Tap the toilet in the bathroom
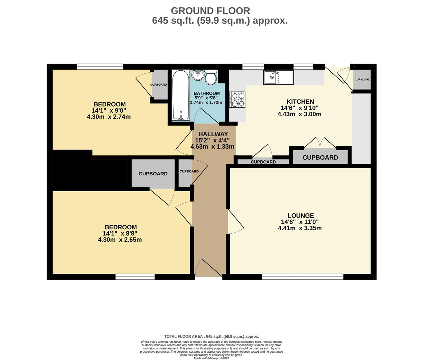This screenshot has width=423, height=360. pyautogui.click(x=211, y=77)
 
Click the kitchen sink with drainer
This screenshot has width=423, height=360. pyautogui.click(x=278, y=77)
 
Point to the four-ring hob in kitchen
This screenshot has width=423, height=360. pyautogui.click(x=237, y=100)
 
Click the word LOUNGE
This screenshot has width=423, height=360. pyautogui.click(x=301, y=216)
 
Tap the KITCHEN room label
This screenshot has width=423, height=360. pyautogui.click(x=300, y=102)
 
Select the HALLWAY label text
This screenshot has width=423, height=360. pyautogui.click(x=213, y=134)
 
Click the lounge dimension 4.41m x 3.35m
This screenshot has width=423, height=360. pyautogui.click(x=300, y=228)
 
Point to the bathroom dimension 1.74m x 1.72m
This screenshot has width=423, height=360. pyautogui.click(x=206, y=103)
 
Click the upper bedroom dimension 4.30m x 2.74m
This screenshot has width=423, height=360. pyautogui.click(x=109, y=117)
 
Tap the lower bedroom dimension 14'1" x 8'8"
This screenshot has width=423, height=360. pyautogui.click(x=120, y=233)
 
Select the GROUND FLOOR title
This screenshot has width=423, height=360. pyautogui.click(x=210, y=11)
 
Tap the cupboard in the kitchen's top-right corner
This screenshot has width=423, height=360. pyautogui.click(x=362, y=80)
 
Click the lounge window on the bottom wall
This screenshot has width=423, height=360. pyautogui.click(x=302, y=277)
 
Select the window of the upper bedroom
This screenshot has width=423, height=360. pyautogui.click(x=100, y=66)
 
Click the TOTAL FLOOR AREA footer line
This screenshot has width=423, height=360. pyautogui.click(x=211, y=337)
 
